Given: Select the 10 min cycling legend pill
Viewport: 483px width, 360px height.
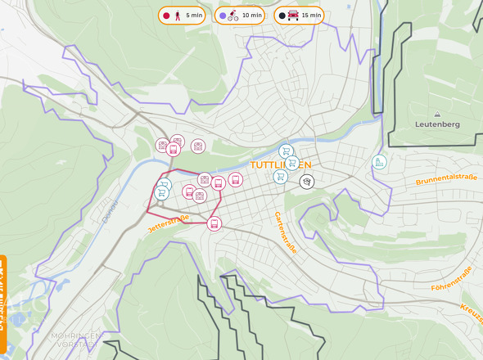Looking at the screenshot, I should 239,16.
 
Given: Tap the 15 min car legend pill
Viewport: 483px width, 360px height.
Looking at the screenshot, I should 298,16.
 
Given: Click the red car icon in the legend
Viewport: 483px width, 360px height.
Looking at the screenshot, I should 293,16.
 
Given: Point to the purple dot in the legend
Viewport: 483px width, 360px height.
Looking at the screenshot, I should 223,16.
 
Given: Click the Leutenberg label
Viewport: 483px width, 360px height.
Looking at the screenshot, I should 436,124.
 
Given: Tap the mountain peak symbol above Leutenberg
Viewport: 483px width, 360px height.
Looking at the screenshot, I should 437,114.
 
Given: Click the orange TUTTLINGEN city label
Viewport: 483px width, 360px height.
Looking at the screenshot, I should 280,164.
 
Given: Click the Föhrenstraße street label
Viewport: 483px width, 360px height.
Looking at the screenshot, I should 453,277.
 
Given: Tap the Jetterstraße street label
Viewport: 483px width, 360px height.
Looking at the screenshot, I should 169,224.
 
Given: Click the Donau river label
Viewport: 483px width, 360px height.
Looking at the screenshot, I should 111,210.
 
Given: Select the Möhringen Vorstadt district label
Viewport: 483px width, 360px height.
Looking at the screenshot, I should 74,340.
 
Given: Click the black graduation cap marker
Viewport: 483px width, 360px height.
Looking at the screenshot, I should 307,182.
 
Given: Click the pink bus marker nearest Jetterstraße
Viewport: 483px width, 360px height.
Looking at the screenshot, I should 214,223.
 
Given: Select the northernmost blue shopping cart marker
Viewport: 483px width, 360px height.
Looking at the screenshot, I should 286,151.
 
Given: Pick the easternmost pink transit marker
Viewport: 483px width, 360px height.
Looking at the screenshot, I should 236,180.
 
